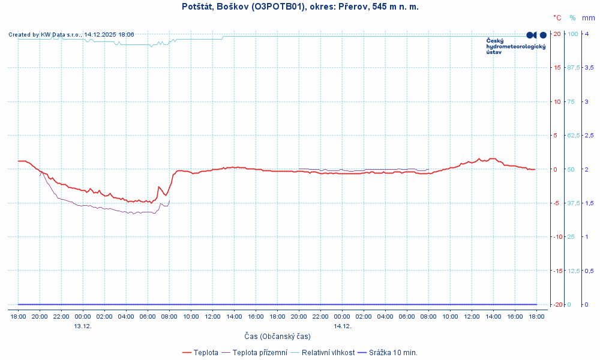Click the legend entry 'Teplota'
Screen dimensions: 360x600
[x=206, y=352]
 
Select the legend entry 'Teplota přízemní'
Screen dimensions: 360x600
[x=259, y=352]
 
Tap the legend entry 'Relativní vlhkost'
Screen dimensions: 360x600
[x=328, y=352]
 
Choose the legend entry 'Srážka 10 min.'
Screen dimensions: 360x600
[x=393, y=352]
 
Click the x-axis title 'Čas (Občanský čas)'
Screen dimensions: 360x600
[x=277, y=336]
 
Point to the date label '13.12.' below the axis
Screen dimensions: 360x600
[x=83, y=326]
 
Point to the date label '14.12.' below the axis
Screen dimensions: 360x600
[x=342, y=326]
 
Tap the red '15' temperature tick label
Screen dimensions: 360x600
[x=557, y=67]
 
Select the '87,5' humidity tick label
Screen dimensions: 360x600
[x=573, y=67]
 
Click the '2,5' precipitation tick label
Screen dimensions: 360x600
[x=589, y=135]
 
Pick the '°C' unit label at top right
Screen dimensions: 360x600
[x=557, y=18]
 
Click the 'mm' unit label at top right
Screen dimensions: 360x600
[x=589, y=18]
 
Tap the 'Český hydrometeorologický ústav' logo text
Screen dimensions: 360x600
[x=515, y=46]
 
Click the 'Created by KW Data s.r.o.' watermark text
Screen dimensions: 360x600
[x=71, y=35]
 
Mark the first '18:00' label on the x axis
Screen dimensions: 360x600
[x=18, y=316]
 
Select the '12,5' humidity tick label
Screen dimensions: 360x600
[x=573, y=271]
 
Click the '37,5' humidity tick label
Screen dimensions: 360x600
[x=573, y=203]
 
